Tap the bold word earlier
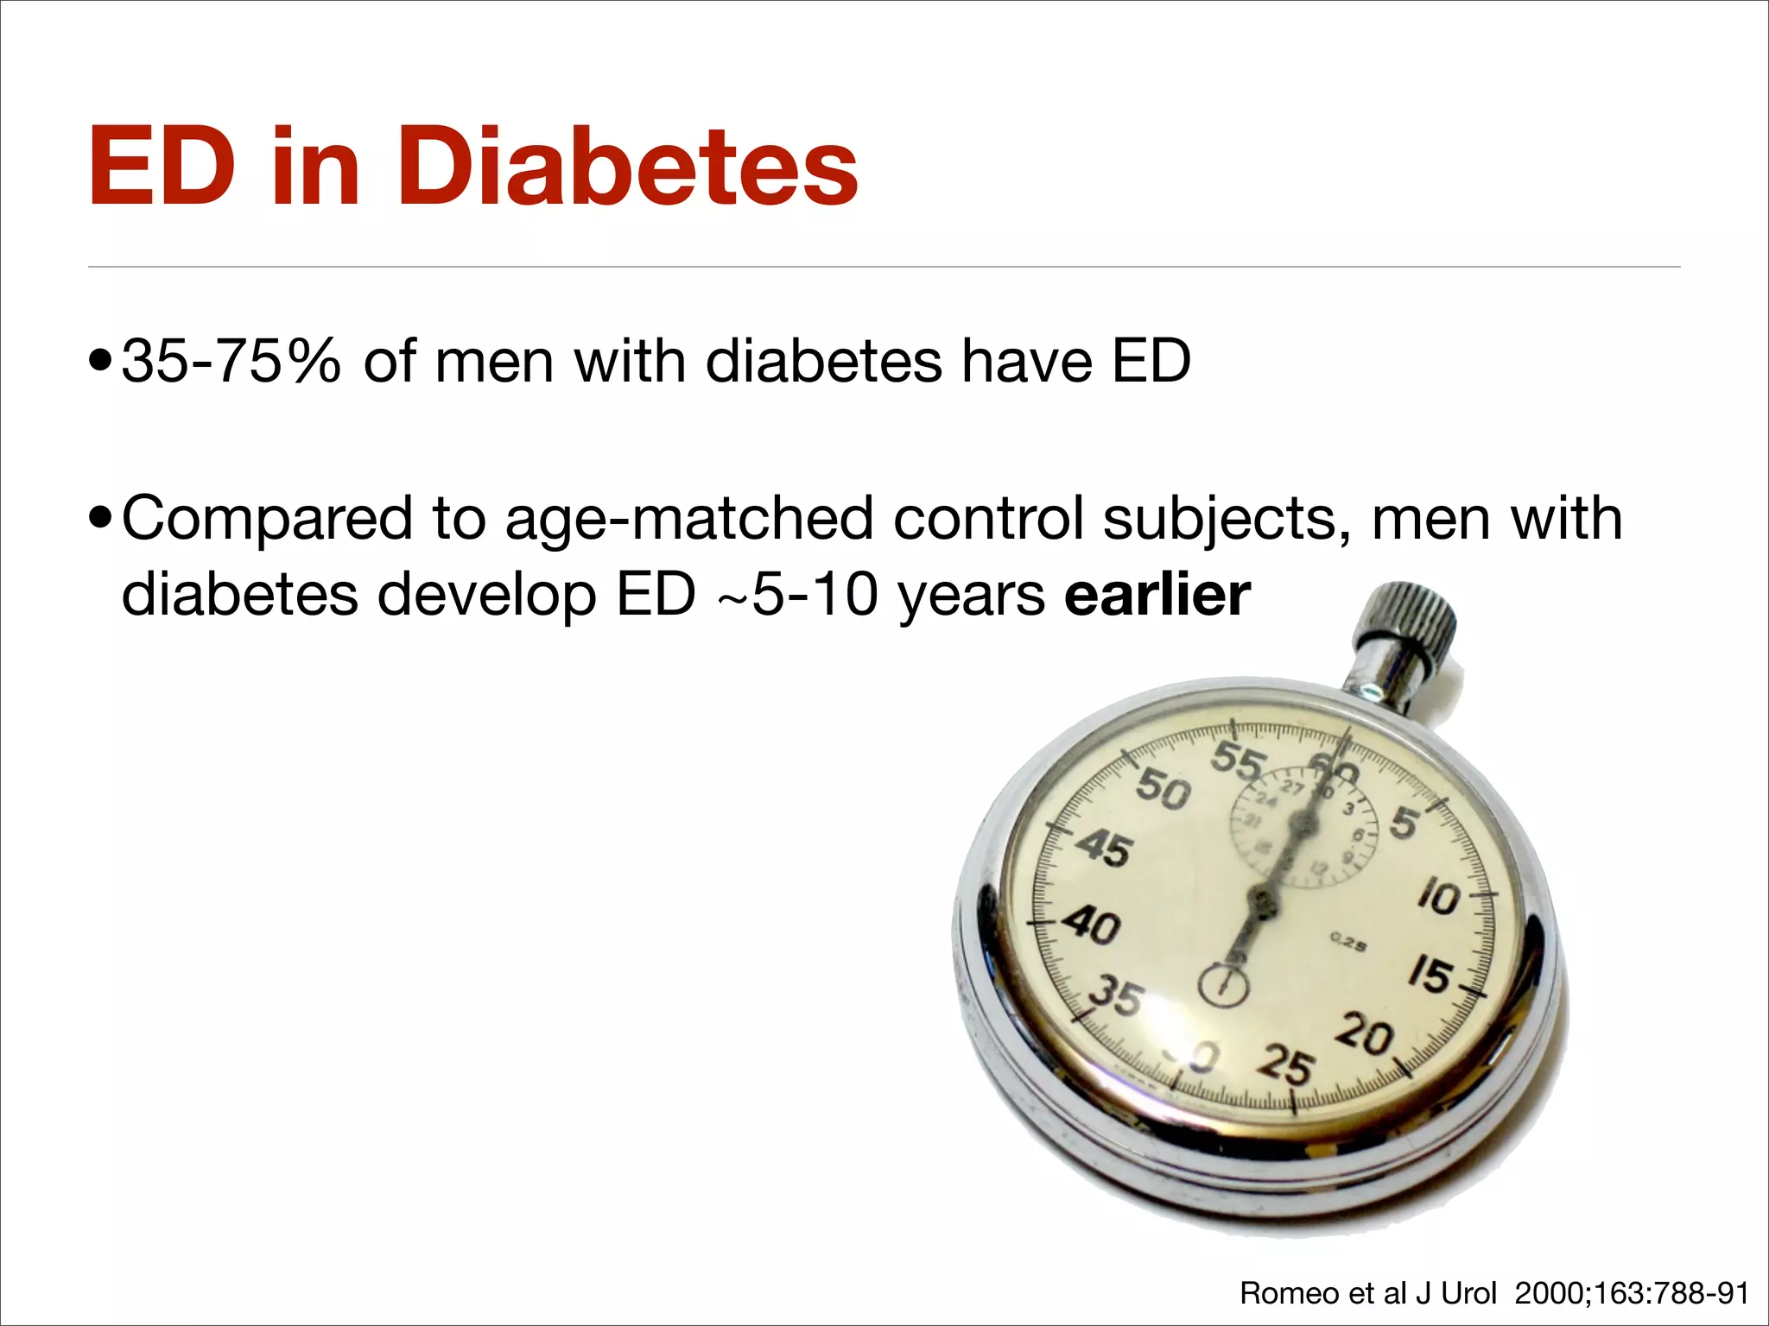(x=1157, y=595)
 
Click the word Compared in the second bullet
(x=268, y=520)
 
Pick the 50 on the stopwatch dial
(x=1163, y=789)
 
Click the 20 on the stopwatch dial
(x=1365, y=1035)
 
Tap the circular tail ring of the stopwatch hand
(x=1223, y=985)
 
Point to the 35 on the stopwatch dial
(x=1117, y=997)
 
